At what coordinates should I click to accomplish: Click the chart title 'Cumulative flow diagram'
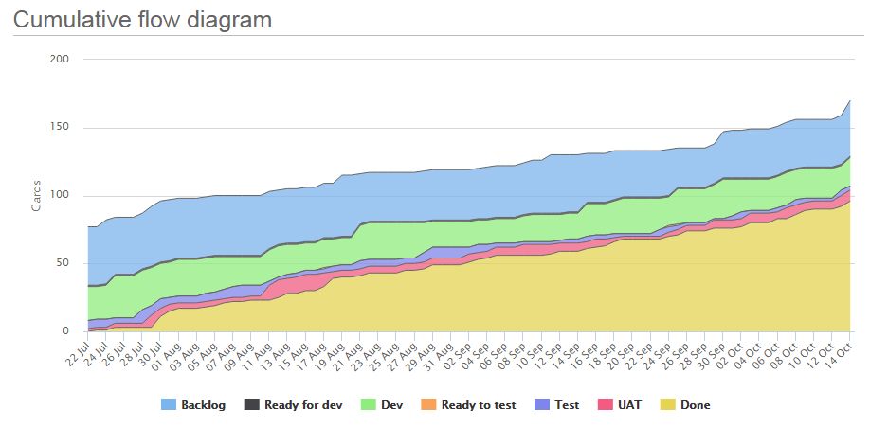click(142, 19)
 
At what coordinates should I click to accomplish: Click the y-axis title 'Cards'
click(36, 194)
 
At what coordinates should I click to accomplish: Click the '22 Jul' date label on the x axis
click(79, 352)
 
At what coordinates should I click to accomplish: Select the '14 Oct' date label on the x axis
click(840, 352)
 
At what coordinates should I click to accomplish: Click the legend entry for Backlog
click(195, 404)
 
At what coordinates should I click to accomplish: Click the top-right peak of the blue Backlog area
click(849, 100)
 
